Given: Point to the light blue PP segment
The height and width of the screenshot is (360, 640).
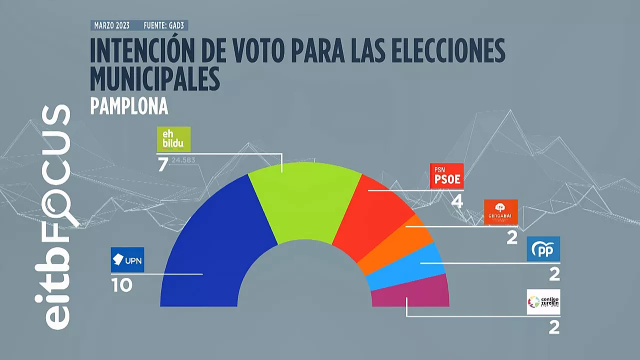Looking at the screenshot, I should pos(407,267).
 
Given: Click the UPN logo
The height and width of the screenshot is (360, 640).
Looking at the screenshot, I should pos(127,260).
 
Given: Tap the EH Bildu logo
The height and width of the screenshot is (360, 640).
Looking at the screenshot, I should pos(173,139).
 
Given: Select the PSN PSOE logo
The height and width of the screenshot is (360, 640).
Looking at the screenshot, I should pos(446,176).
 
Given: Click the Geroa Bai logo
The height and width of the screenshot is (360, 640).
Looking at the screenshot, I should pos(500,212).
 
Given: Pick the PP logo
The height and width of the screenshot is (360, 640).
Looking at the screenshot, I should pos(543,249).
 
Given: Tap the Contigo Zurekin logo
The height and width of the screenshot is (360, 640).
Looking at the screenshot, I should pos(543,302).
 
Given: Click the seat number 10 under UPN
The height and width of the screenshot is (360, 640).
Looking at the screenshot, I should pos(121,285).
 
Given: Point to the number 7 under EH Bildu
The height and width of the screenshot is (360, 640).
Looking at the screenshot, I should pos(162,164).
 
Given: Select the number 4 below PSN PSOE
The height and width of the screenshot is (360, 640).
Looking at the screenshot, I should pos(456,201).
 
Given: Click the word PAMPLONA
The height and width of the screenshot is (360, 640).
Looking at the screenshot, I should pos(129,106).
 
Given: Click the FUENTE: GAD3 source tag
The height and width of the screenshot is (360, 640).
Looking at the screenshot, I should pos(165,25).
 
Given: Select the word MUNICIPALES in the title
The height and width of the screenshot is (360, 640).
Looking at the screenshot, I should pos(155,77).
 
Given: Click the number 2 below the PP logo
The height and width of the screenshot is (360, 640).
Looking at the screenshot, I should pos(554,274).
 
